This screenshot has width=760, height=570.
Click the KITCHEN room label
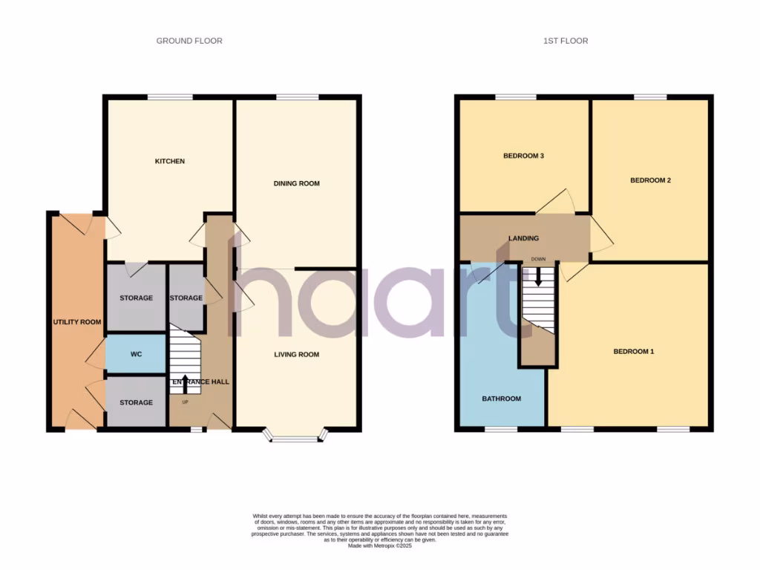[x=169, y=161]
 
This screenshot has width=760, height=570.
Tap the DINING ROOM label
[x=296, y=183]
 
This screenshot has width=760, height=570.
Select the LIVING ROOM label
[x=296, y=355]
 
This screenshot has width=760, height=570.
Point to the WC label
[x=136, y=355]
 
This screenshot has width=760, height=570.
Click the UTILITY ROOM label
[x=76, y=322]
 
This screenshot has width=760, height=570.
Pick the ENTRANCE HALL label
[x=200, y=381]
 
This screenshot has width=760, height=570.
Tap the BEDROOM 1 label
[x=633, y=351]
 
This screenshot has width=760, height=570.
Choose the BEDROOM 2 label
[x=650, y=180]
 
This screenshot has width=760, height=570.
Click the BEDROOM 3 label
[x=524, y=156]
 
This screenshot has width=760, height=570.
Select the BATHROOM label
[x=501, y=399]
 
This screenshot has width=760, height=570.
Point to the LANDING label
[x=523, y=238]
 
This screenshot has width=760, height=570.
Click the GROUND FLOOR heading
[x=189, y=41]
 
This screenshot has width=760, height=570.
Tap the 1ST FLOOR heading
[x=565, y=41]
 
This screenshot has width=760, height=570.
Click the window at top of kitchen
[x=169, y=97]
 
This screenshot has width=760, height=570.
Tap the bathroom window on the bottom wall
[x=501, y=429]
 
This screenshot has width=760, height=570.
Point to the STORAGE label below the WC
[x=136, y=402]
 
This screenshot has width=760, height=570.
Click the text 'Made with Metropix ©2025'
[x=380, y=546]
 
